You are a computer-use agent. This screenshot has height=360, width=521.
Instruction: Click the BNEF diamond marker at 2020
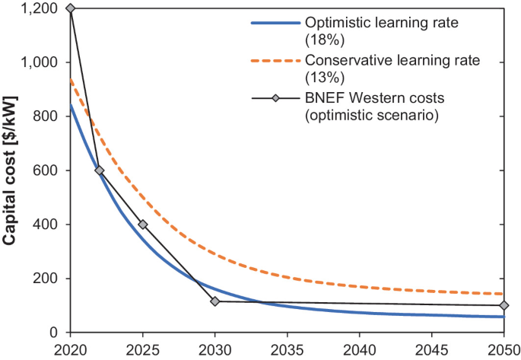coord(71,8)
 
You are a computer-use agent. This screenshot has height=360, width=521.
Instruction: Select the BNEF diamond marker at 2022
coord(99,170)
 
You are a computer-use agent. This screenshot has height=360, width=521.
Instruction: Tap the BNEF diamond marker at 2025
coord(143,225)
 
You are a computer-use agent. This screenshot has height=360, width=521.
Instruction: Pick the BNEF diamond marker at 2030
coord(215,301)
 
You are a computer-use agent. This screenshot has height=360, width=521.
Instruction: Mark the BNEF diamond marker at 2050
coord(504,305)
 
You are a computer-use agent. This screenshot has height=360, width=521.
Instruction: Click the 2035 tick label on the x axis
coord(287,351)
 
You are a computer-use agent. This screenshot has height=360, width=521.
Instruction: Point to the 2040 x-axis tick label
coord(360,351)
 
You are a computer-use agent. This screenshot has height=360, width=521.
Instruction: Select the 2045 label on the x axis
coord(431,351)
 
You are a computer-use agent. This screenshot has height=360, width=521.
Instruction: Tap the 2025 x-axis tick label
coord(143,351)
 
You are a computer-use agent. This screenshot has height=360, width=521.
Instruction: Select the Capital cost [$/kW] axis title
coord(10,170)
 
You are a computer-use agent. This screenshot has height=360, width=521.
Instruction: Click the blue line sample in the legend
coord(275,23)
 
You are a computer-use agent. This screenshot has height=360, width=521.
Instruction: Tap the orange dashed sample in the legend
coord(275,61)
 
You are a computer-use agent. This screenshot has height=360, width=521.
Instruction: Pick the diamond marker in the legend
coord(275,98)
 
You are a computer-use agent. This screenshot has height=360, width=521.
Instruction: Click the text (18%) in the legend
coord(325,40)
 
